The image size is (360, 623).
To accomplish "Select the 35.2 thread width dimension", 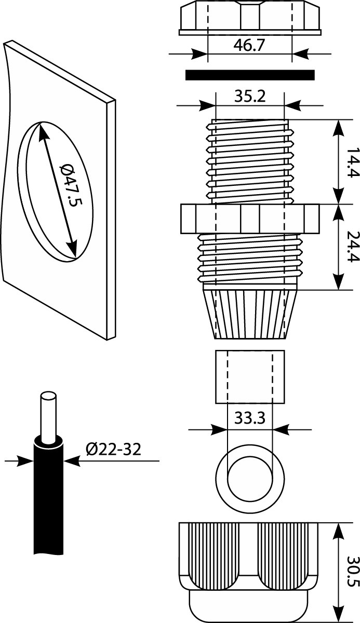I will pyautogui.click(x=249, y=97).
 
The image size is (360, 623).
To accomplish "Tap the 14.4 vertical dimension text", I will pyautogui.click(x=352, y=162).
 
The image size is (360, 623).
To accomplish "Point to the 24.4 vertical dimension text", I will pyautogui.click(x=352, y=247).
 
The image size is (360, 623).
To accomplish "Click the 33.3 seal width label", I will pyautogui.click(x=249, y=418).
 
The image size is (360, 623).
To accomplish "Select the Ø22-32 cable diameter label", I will pyautogui.click(x=113, y=449).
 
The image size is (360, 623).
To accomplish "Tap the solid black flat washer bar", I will pyautogui.click(x=250, y=75).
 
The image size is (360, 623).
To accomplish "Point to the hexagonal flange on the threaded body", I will pyautogui.click(x=249, y=219).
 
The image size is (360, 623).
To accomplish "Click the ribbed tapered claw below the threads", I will pyautogui.click(x=249, y=314).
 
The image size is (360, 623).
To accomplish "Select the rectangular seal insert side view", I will pyautogui.click(x=250, y=376).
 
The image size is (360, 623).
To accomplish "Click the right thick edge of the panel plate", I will pyautogui.click(x=111, y=218).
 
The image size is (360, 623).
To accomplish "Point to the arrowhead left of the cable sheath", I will pyautogui.click(x=26, y=461).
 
